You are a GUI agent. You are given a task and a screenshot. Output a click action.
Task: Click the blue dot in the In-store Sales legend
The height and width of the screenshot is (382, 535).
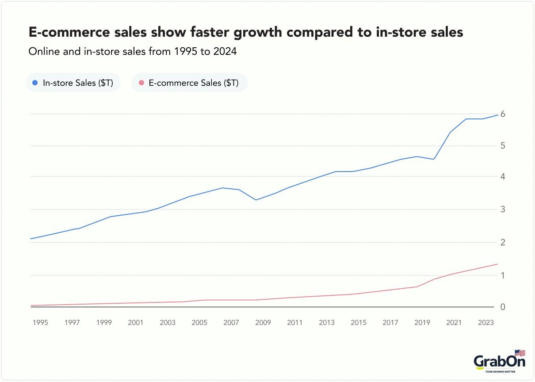35,83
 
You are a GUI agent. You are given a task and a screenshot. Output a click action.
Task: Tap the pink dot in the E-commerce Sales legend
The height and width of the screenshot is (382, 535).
141,83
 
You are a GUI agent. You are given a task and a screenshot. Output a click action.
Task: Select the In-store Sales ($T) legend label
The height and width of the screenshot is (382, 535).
78,83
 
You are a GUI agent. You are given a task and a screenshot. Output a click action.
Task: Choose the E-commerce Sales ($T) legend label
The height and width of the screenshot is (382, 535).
194,83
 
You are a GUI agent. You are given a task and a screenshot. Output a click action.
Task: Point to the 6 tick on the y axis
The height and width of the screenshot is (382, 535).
502,114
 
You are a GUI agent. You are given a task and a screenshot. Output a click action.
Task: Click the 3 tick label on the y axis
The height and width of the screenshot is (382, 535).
502,209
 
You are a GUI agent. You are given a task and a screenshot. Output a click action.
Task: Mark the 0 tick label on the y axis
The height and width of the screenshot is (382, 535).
502,307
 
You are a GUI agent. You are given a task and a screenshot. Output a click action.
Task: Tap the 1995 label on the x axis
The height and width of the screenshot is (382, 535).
40,323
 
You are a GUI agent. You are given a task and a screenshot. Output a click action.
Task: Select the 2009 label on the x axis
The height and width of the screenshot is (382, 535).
263,323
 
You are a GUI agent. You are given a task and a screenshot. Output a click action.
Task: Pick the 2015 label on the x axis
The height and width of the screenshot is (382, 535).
358,323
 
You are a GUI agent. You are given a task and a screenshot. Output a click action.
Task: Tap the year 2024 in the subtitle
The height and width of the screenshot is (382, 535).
225,51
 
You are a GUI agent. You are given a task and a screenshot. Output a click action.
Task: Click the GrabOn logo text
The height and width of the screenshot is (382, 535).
499,362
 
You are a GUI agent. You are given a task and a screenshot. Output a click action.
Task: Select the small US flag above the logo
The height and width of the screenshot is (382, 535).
520,353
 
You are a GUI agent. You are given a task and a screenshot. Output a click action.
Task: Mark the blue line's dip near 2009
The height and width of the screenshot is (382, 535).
256,200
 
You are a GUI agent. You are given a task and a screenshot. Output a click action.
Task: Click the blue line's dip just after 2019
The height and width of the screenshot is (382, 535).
434,159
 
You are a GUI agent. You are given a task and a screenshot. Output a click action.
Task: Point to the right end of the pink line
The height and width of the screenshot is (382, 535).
498,264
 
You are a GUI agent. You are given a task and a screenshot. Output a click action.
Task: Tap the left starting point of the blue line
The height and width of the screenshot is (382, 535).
31,239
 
